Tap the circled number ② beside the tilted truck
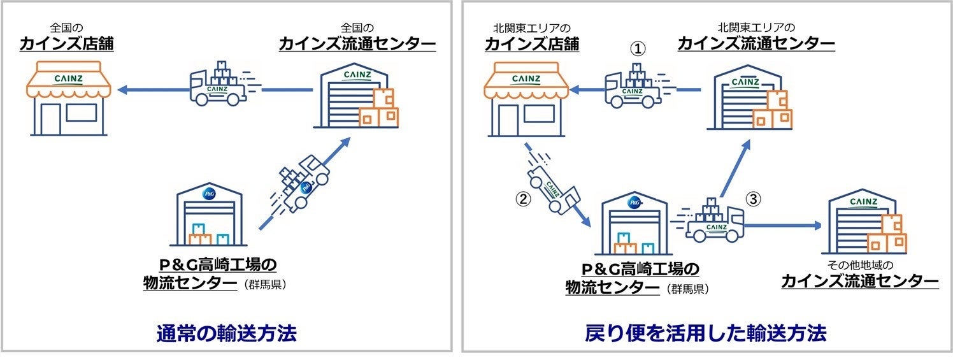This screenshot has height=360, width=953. click(x=522, y=198)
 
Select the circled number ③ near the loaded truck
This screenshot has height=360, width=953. click(x=754, y=199)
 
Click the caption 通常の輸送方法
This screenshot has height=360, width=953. click(x=227, y=333)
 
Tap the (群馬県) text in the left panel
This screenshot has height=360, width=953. click(x=264, y=285)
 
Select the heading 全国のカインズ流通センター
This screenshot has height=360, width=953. click(x=357, y=38)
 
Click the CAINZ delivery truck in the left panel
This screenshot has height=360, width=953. click(x=219, y=84)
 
